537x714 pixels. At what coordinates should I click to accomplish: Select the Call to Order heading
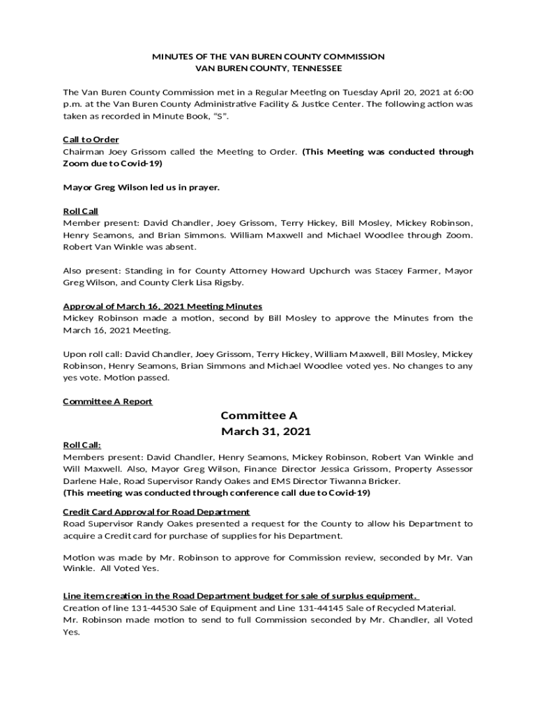tap(91, 139)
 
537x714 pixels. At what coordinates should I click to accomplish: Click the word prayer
tap(202, 187)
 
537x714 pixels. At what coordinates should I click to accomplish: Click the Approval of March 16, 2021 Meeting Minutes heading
tap(162, 306)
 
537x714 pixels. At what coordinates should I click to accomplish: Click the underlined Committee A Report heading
tap(107, 402)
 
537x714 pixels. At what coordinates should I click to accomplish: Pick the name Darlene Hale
tap(89, 481)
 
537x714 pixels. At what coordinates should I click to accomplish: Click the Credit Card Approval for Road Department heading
tap(156, 512)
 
